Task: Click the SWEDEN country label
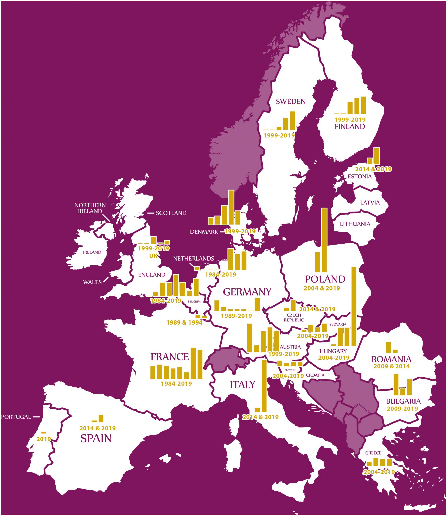click(x=291, y=101)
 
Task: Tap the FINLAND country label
click(x=349, y=126)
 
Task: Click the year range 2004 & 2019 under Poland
click(x=322, y=288)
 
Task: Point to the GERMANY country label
click(x=247, y=292)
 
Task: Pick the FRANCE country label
click(x=170, y=357)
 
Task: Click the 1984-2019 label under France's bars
click(x=176, y=384)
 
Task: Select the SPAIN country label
click(x=96, y=439)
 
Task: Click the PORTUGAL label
click(x=16, y=417)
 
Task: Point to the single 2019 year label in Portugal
click(x=44, y=439)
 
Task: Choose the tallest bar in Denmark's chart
click(x=231, y=208)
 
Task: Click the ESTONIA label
click(x=360, y=176)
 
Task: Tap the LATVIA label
click(x=370, y=203)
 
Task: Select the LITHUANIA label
click(x=355, y=224)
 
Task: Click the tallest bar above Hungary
click(x=354, y=306)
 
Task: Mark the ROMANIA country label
click(x=391, y=359)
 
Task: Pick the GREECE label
click(x=373, y=453)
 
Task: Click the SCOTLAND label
click(x=171, y=213)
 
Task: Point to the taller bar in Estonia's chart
click(x=376, y=156)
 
